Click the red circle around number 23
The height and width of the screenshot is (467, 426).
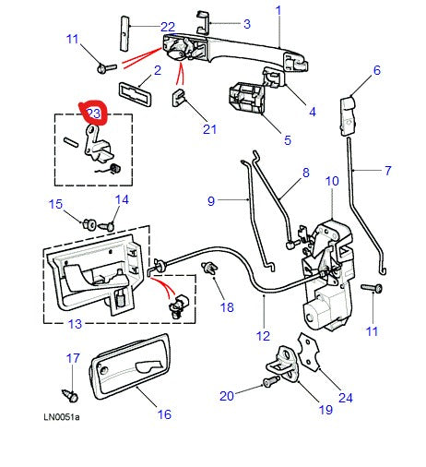click(x=94, y=114)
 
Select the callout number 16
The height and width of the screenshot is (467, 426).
click(x=164, y=414)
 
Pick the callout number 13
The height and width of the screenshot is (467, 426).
click(x=75, y=323)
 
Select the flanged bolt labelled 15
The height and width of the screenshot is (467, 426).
click(x=91, y=222)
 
